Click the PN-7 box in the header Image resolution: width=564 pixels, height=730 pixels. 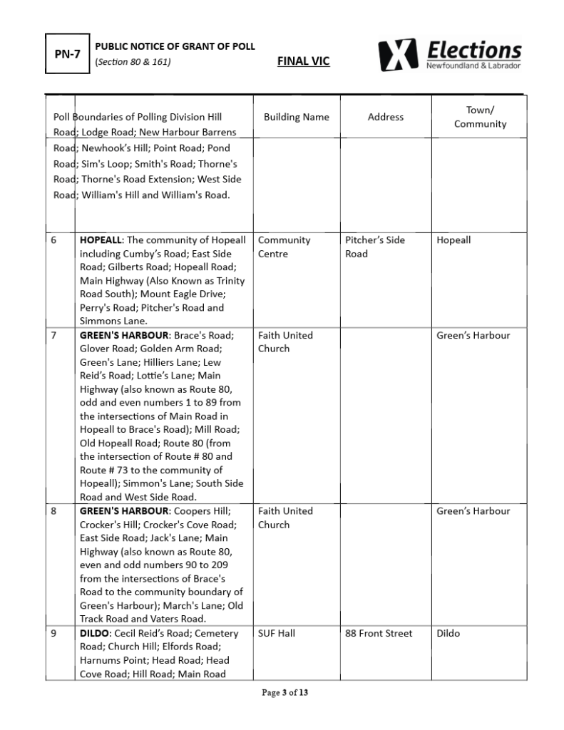[68, 54]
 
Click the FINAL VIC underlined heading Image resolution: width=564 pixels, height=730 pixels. [303, 61]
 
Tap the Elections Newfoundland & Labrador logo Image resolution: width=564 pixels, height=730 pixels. [450, 54]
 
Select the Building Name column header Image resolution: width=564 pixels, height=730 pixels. [296, 117]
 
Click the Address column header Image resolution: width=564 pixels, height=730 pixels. [386, 117]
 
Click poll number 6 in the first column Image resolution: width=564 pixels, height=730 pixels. [54, 240]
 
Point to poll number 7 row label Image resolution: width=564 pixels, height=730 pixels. [54, 335]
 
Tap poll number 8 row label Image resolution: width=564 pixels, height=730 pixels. [54, 511]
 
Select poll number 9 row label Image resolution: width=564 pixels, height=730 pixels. [54, 633]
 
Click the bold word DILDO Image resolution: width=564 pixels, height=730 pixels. [94, 633]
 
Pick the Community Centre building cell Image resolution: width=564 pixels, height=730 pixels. [284, 247]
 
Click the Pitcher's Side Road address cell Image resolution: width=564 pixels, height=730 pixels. [374, 247]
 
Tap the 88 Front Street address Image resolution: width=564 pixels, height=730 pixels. [379, 633]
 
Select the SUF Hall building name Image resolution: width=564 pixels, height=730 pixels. [277, 633]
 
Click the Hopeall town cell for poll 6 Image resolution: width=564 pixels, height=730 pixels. [453, 240]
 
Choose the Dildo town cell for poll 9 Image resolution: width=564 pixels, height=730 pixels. [448, 633]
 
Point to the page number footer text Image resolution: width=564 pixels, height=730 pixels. [285, 692]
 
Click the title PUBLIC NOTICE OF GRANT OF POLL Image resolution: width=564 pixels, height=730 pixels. [175, 46]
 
